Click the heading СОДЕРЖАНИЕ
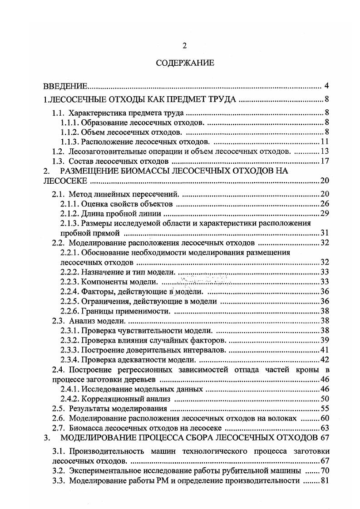[184, 63]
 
